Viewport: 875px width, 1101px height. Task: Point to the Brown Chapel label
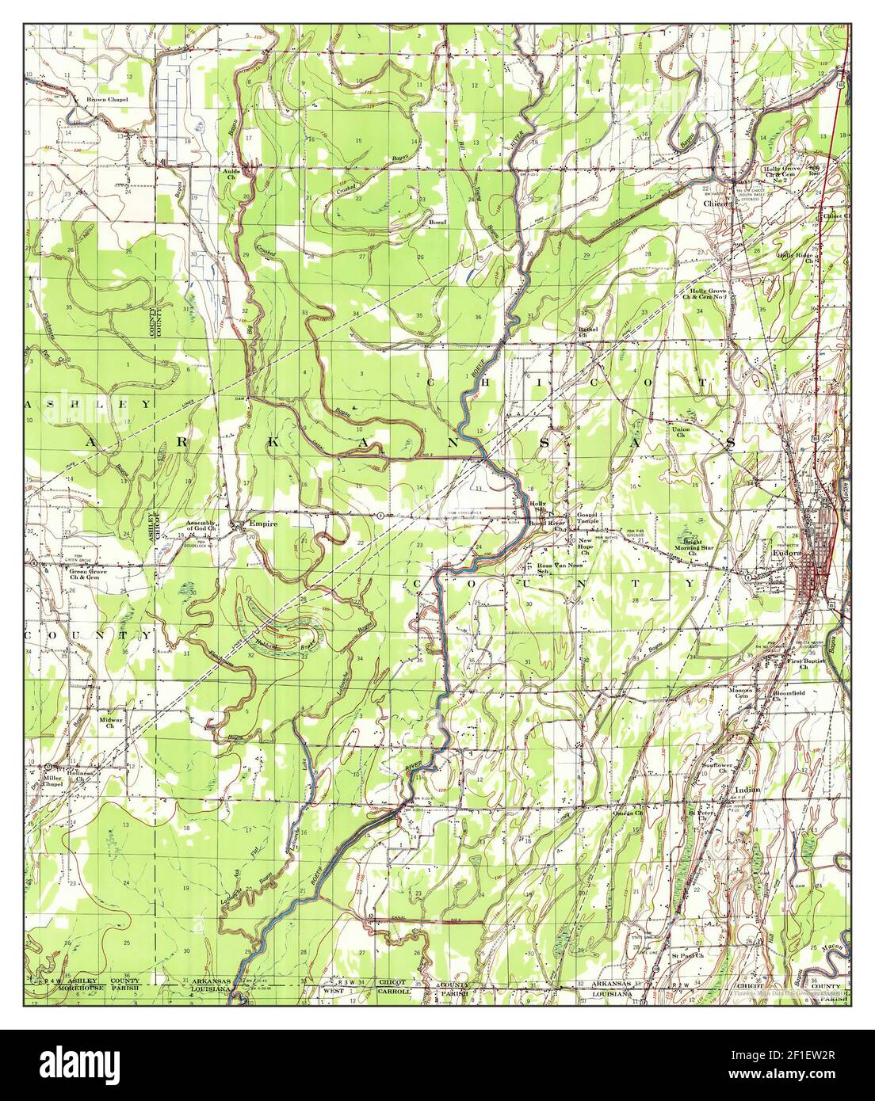point(107,101)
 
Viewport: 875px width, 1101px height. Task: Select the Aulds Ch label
point(231,173)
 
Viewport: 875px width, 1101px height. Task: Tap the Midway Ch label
point(111,723)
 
